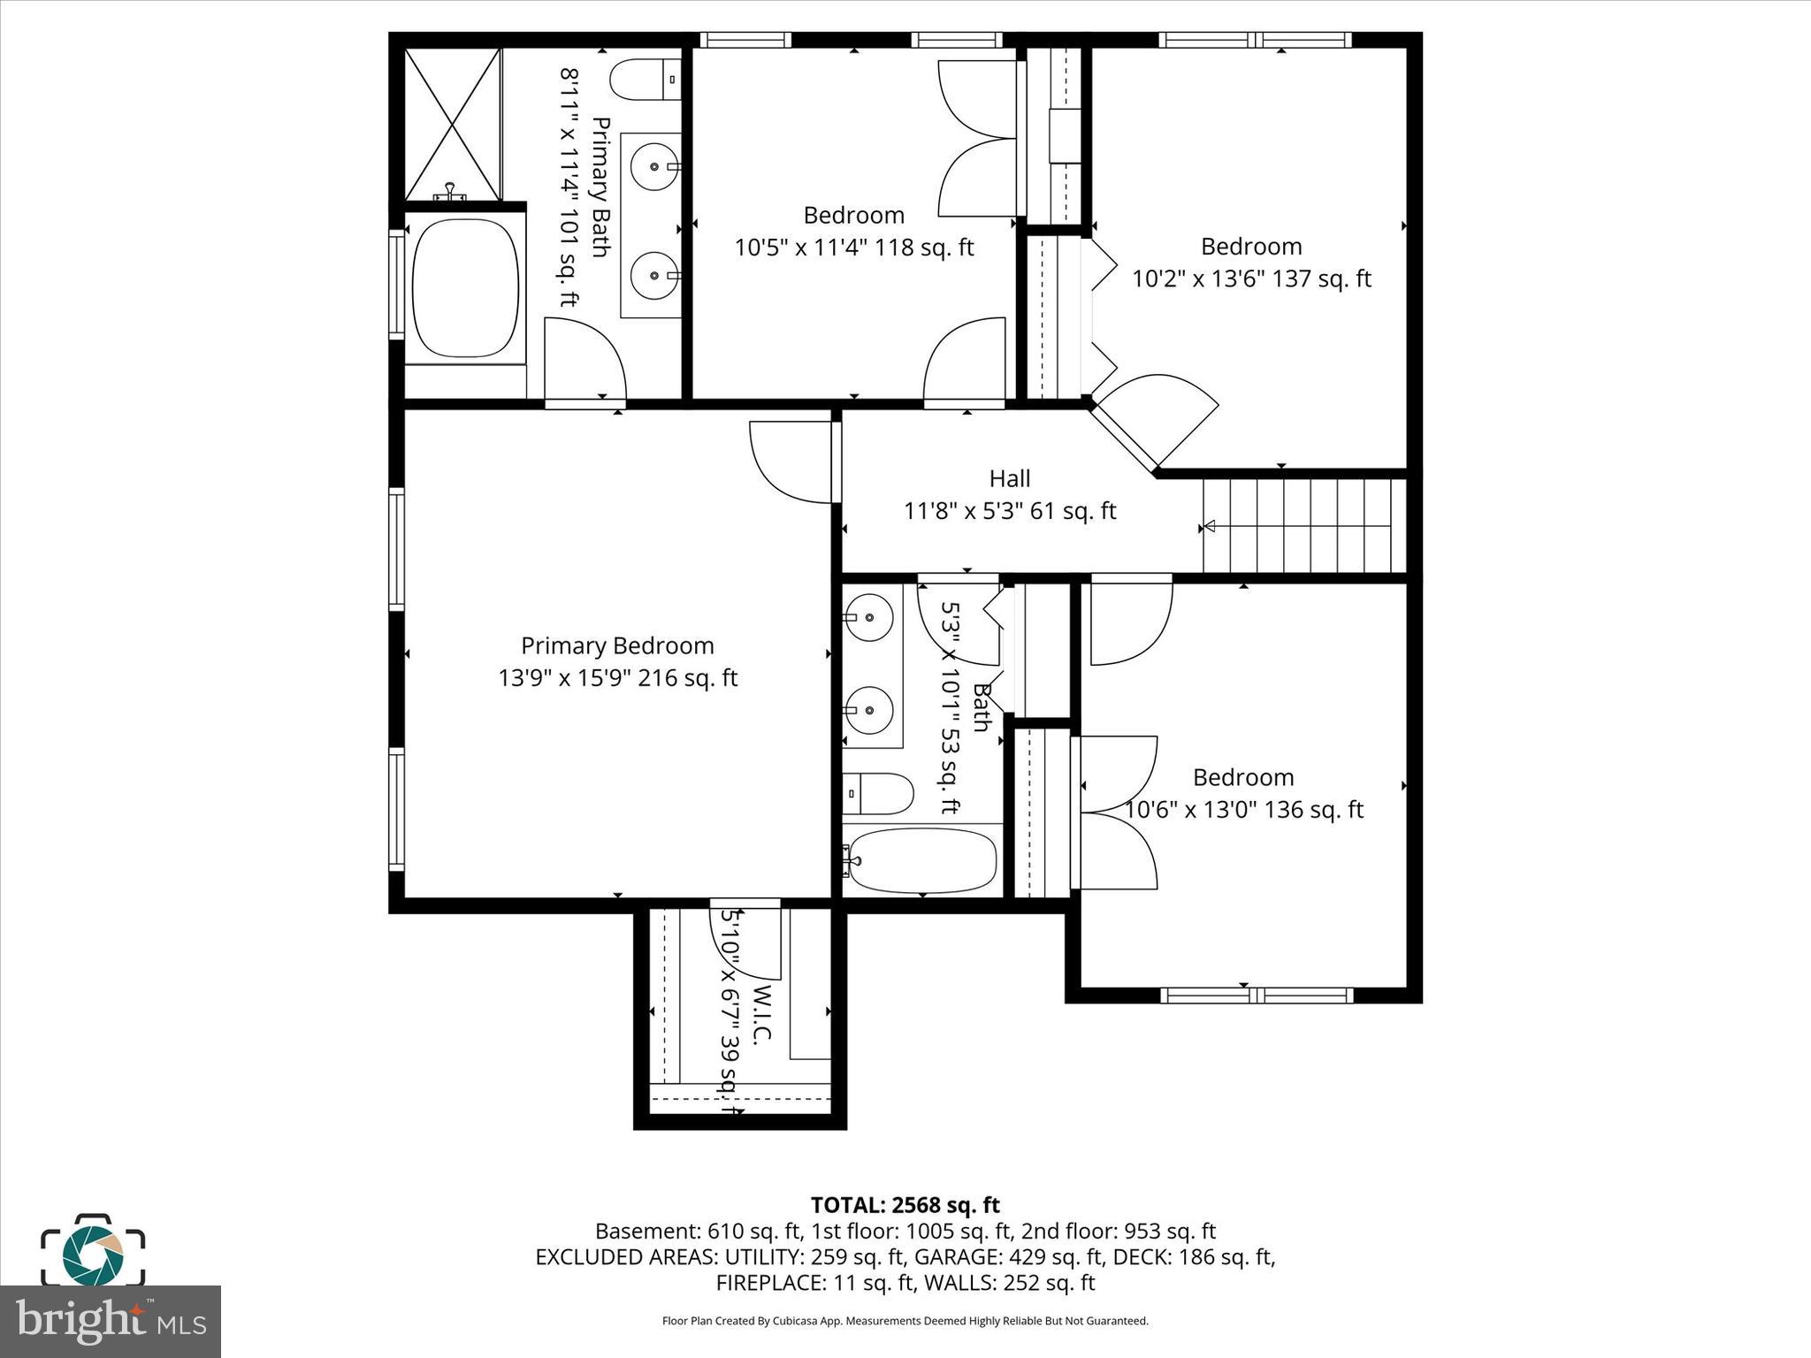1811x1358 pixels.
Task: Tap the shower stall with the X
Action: click(x=453, y=125)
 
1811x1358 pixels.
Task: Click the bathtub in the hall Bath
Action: click(x=922, y=860)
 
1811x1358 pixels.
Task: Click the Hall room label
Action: click(x=1009, y=479)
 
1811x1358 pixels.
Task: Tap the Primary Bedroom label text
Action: click(x=617, y=646)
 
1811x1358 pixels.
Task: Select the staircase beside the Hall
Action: click(x=1304, y=526)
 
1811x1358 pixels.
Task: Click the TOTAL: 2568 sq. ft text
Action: click(x=905, y=1205)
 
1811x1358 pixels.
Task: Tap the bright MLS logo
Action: click(x=111, y=1321)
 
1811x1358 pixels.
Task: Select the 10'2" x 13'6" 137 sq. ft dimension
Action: click(x=1251, y=279)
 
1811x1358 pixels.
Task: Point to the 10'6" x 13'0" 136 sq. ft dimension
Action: click(x=1244, y=810)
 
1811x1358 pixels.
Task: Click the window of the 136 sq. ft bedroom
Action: click(x=1257, y=996)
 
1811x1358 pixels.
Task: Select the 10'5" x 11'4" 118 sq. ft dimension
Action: click(x=854, y=248)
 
